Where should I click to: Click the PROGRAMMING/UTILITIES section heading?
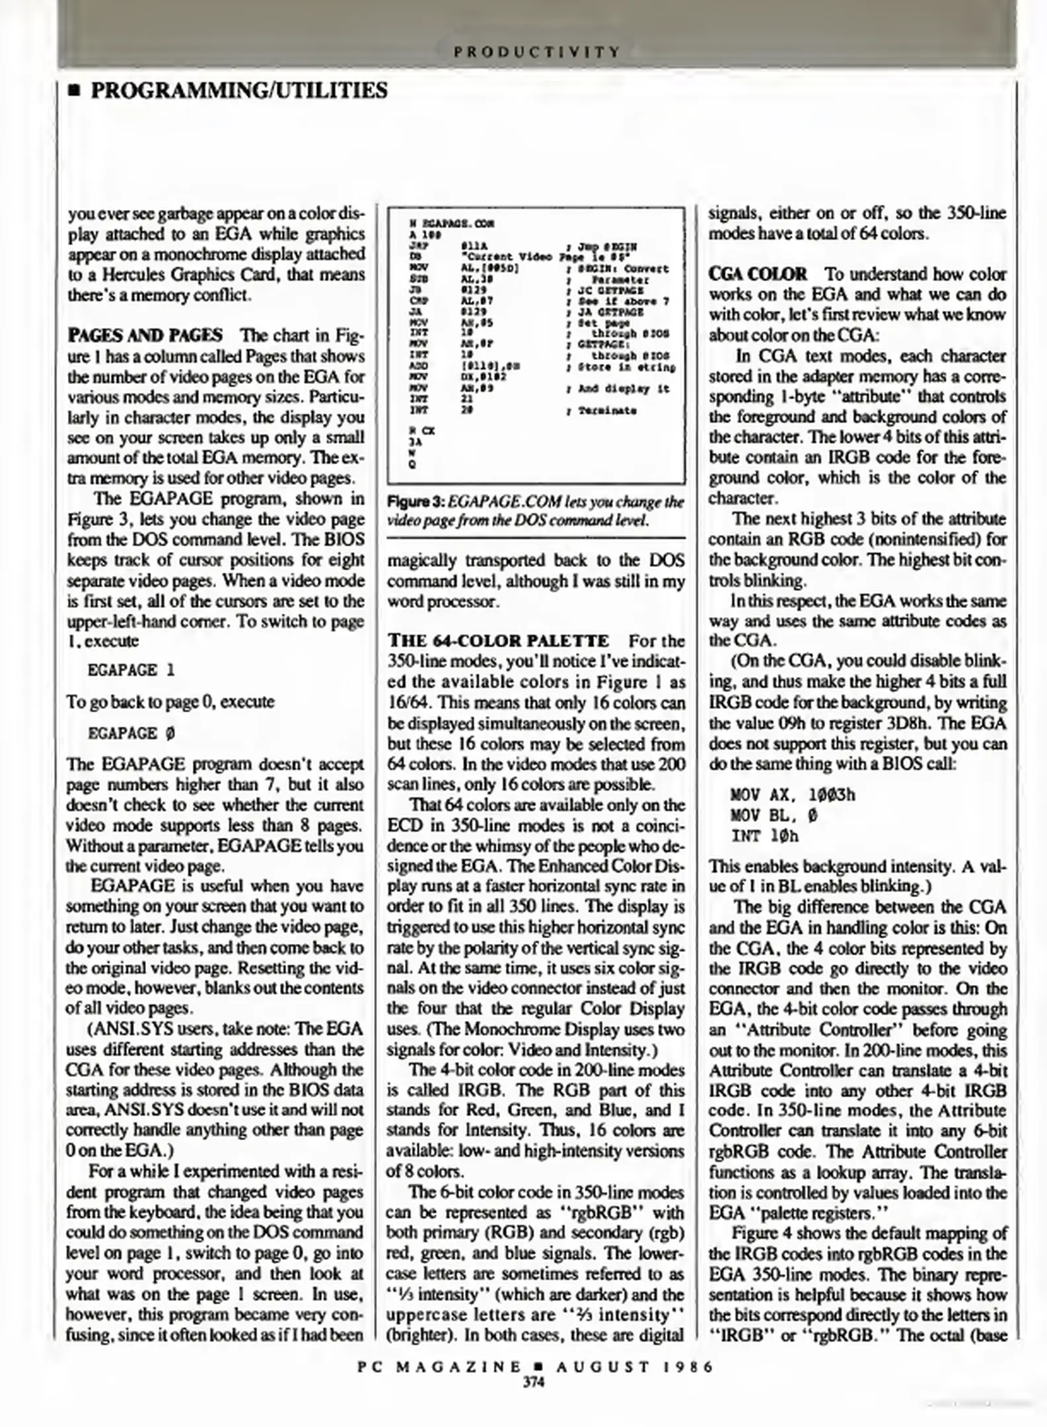pyautogui.click(x=238, y=91)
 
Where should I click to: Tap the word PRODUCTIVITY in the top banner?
pyautogui.click(x=536, y=51)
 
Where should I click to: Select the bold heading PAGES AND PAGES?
pyautogui.click(x=145, y=336)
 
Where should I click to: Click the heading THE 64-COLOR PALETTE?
pyautogui.click(x=499, y=641)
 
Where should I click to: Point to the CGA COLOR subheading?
pyautogui.click(x=758, y=274)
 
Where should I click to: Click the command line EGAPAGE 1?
pyautogui.click(x=131, y=670)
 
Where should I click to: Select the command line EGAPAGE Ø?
pyautogui.click(x=131, y=733)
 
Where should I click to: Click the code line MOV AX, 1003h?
pyautogui.click(x=793, y=795)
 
